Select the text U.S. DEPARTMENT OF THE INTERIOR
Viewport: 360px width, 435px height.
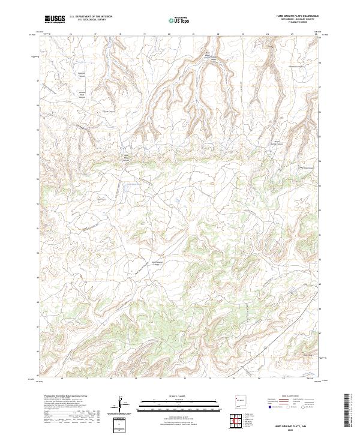[x=91, y=17]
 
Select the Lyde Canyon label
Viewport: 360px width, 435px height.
[x=108, y=111]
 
